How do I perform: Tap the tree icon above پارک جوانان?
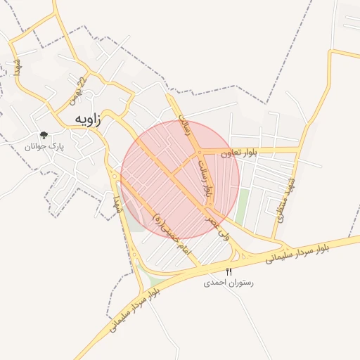pos(44,135)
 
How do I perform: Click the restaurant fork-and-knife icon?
pos(229,271)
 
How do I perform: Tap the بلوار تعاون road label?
pos(238,152)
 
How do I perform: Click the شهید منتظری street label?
pos(286,201)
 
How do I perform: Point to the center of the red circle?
pos(180,180)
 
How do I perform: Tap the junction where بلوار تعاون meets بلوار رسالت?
pos(201,152)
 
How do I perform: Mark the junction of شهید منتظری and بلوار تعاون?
pos(301,149)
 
